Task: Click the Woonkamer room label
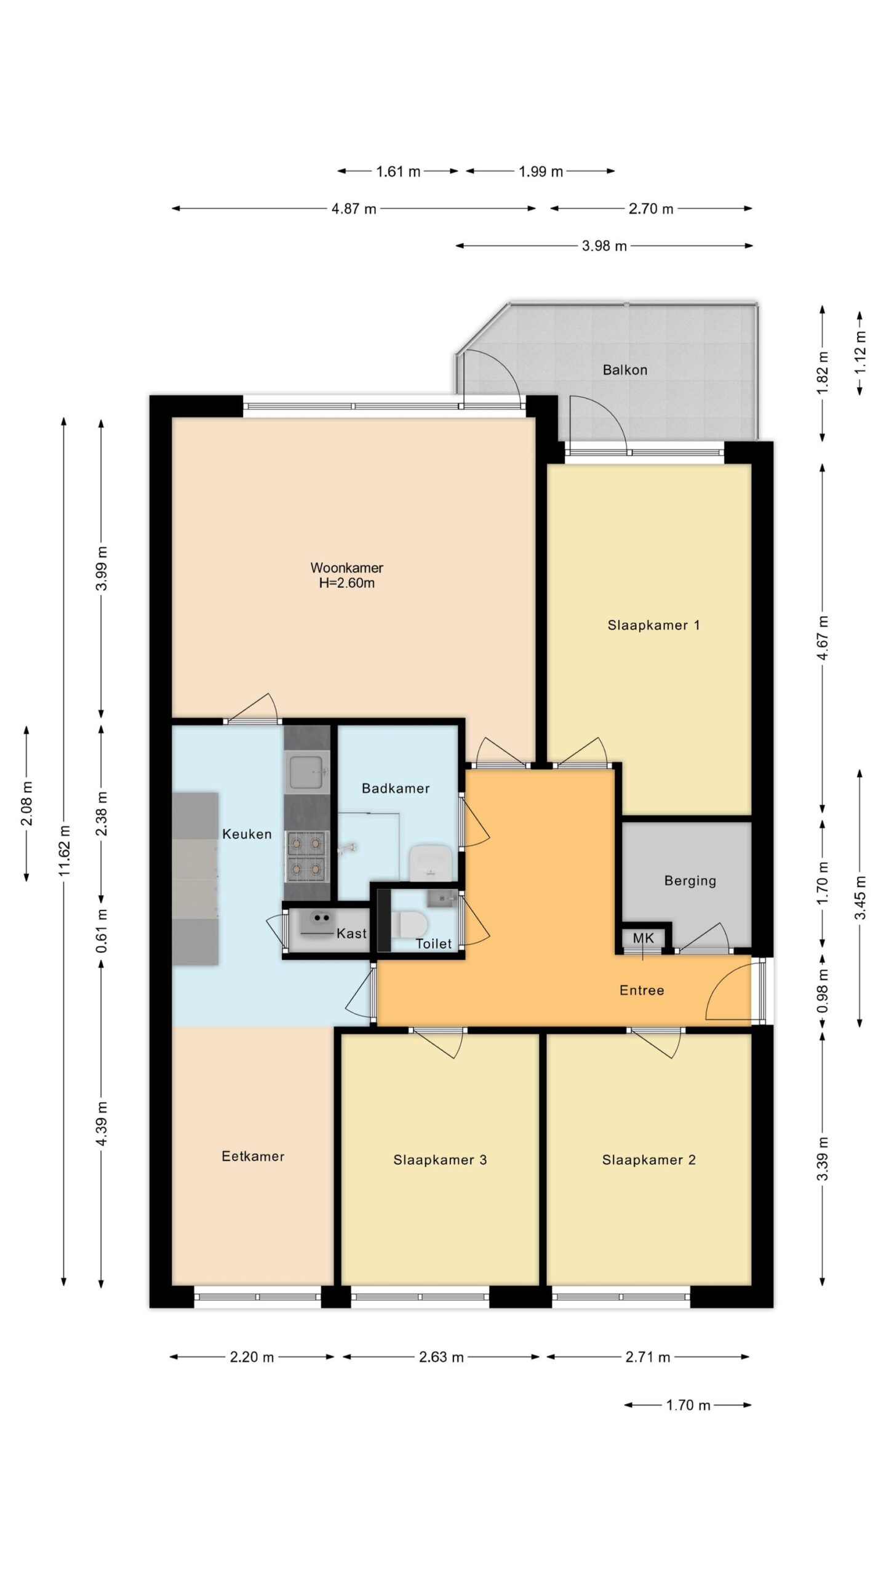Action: coord(346,568)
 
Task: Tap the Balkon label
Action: coord(625,370)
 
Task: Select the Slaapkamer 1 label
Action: coord(653,625)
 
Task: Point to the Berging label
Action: coord(690,881)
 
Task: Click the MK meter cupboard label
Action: coord(643,939)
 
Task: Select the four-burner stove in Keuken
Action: coord(306,856)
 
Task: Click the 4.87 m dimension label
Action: coord(354,209)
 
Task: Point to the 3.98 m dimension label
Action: coord(604,246)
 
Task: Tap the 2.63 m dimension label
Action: coord(441,1357)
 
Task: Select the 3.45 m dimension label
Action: coord(860,898)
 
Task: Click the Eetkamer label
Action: coord(253,1156)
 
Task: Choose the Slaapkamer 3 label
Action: coord(440,1160)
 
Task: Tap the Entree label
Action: coord(642,991)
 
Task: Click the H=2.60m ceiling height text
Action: coord(346,583)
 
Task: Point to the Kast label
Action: coord(351,933)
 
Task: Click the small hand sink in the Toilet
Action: coord(441,898)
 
